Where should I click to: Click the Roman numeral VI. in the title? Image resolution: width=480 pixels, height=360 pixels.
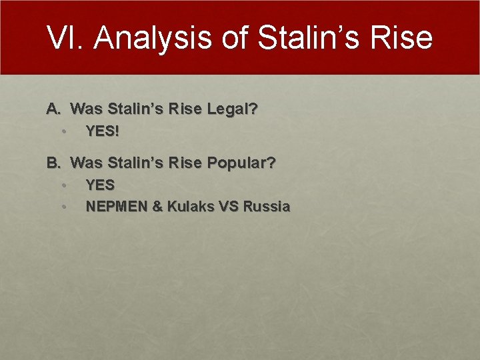tap(66, 38)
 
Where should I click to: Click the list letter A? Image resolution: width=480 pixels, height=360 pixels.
tap(53, 108)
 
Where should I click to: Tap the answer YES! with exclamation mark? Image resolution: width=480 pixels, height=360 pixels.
tap(102, 131)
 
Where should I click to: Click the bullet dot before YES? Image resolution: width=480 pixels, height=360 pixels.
tap(63, 131)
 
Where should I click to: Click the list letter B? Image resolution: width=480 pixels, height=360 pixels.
tap(53, 162)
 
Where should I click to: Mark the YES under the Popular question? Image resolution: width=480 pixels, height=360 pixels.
tap(100, 185)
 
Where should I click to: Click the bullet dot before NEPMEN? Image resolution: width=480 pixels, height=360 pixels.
tap(63, 207)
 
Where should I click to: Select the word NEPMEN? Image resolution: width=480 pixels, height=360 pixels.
tap(117, 207)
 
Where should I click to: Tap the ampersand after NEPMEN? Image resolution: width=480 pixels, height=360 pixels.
tap(157, 207)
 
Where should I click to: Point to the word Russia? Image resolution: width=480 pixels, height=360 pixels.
tap(267, 207)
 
